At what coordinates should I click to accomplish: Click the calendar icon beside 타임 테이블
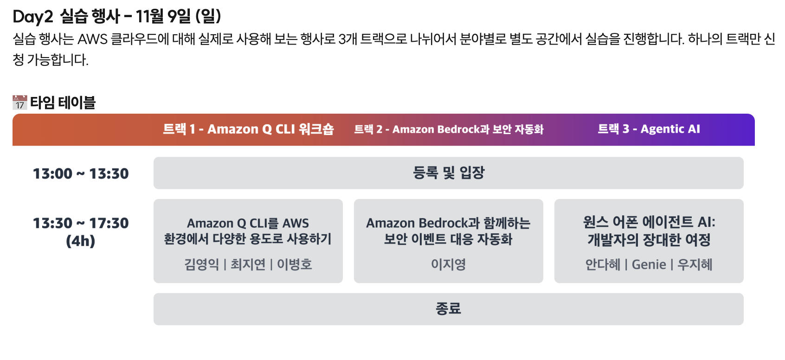[x=19, y=103]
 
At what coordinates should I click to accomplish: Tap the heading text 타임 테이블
[x=63, y=103]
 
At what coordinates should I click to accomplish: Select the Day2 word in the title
[x=33, y=17]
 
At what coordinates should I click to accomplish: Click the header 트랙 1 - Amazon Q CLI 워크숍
[x=248, y=129]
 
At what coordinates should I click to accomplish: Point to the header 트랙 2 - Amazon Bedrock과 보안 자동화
[x=449, y=129]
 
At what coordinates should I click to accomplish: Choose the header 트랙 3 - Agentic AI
[x=649, y=129]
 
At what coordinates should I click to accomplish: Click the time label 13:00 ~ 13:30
[x=81, y=174]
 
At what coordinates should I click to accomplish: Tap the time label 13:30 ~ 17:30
[x=81, y=223]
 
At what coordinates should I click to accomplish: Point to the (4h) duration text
[x=81, y=241]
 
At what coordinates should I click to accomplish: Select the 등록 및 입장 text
[x=449, y=173]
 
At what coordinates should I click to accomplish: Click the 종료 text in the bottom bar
[x=448, y=309]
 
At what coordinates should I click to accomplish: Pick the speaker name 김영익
[x=201, y=264]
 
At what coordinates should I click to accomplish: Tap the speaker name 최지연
[x=248, y=264]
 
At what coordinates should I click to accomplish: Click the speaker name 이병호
[x=295, y=264]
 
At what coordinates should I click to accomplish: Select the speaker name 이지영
[x=448, y=264]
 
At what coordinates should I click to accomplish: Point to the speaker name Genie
[x=649, y=264]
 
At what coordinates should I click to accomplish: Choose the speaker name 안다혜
[x=603, y=264]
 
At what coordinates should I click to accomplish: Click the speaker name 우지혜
[x=695, y=264]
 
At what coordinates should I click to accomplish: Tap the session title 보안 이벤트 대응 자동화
[x=448, y=239]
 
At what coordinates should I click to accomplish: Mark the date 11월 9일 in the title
[x=163, y=17]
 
